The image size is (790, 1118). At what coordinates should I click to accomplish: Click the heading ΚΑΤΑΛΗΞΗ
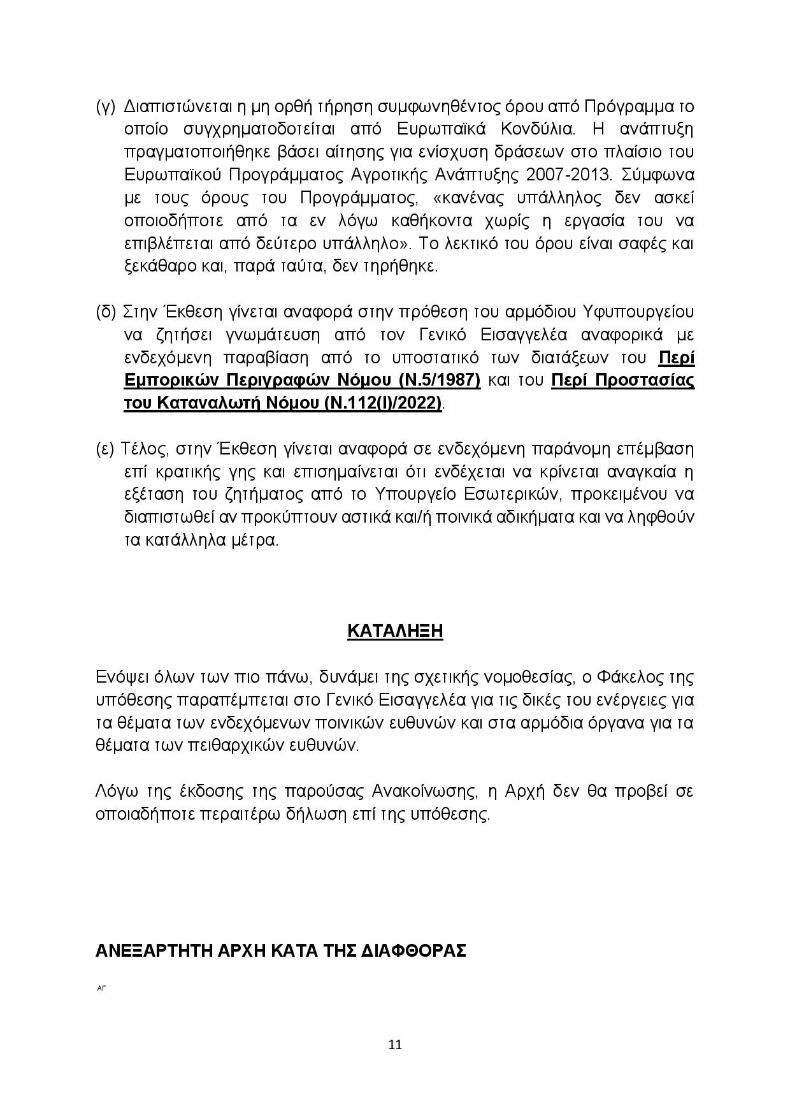pos(395,631)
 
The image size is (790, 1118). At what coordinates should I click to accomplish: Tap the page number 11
pos(395,1045)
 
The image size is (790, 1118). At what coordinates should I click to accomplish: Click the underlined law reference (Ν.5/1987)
pos(440,381)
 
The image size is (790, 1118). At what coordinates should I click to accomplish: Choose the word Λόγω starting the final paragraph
pos(115,792)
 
